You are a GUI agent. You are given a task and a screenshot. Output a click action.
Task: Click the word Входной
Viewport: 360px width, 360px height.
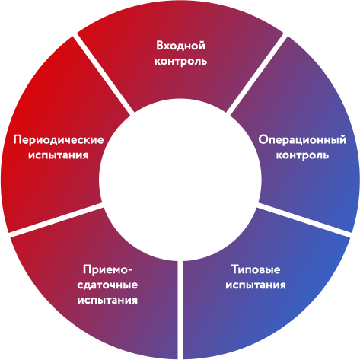180,46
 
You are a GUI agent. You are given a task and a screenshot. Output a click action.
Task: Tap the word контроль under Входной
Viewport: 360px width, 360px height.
180,62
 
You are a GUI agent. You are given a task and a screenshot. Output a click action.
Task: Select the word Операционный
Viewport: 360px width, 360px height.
302,140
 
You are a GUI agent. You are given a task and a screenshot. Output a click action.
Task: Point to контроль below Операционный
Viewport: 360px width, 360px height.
302,155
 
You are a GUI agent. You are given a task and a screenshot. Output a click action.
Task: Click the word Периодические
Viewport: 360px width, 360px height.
59,140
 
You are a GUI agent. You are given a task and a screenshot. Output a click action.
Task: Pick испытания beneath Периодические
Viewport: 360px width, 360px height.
59,155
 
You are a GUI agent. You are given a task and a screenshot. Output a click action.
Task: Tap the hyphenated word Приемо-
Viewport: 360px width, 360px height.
108,269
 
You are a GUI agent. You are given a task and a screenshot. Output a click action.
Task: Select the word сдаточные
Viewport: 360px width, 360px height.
107,285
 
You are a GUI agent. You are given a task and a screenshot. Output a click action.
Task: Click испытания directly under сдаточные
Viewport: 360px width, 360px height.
107,301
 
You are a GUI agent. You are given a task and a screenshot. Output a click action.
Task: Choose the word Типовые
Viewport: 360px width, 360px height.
256,269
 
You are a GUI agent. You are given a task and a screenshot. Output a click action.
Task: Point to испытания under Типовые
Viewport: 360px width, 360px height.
256,285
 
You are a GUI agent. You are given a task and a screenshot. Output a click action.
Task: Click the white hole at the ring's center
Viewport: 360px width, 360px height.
180,180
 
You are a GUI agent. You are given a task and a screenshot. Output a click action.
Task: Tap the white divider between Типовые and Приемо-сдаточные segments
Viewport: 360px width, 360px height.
180,310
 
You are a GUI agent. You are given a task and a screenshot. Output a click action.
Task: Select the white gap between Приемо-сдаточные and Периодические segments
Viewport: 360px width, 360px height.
56,220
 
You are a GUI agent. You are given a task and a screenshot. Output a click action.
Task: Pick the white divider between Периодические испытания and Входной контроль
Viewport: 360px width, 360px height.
104,75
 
